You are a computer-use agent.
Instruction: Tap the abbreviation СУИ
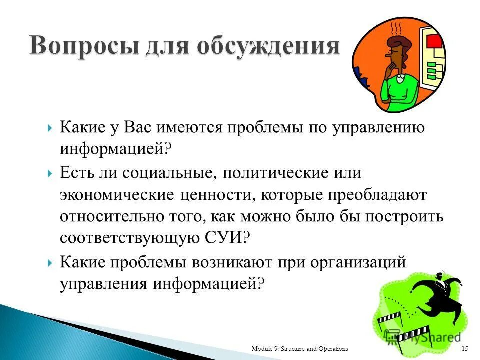pyautogui.click(x=224, y=238)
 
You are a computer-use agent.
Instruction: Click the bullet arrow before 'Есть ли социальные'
pyautogui.click(x=50, y=173)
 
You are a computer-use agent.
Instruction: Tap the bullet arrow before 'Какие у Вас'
pyautogui.click(x=50, y=128)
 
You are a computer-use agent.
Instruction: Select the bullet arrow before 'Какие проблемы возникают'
pyautogui.click(x=50, y=263)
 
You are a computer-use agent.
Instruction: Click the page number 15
pyautogui.click(x=464, y=348)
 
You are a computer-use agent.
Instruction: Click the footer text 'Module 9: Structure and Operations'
pyautogui.click(x=300, y=348)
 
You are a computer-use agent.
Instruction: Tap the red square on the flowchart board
pyautogui.click(x=432, y=40)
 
